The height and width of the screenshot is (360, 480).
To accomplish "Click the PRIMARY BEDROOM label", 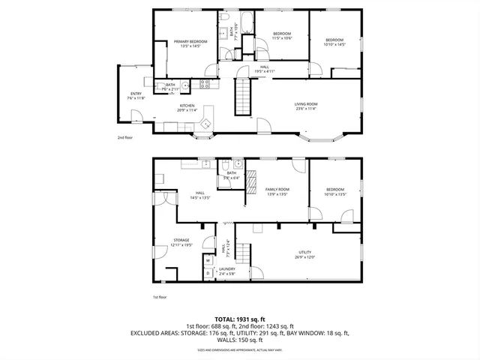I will click(190, 41).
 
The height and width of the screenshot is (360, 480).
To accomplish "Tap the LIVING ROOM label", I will click(305, 104).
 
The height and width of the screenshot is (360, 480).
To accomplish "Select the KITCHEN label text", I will click(187, 106).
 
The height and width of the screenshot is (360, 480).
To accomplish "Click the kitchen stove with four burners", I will click(205, 83).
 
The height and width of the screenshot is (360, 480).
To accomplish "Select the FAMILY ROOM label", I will click(277, 189).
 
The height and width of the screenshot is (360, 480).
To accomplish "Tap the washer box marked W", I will click(208, 261).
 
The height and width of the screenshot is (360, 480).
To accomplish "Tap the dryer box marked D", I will click(208, 273).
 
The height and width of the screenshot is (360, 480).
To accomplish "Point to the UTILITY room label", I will click(304, 252).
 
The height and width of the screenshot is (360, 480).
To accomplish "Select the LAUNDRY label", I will click(227, 269).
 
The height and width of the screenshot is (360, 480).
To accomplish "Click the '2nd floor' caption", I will click(124, 138).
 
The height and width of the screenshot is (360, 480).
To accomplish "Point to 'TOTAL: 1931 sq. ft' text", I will click(239, 319).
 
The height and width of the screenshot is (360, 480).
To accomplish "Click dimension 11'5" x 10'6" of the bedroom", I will click(281, 37).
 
